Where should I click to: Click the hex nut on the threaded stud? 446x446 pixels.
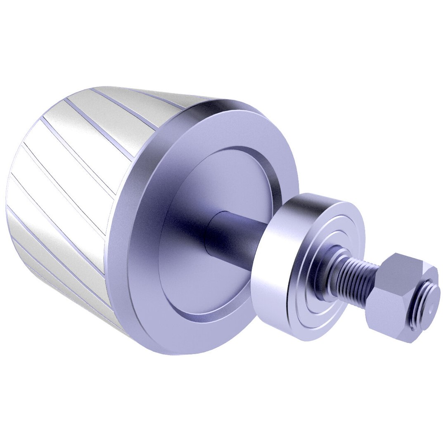(396, 297)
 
